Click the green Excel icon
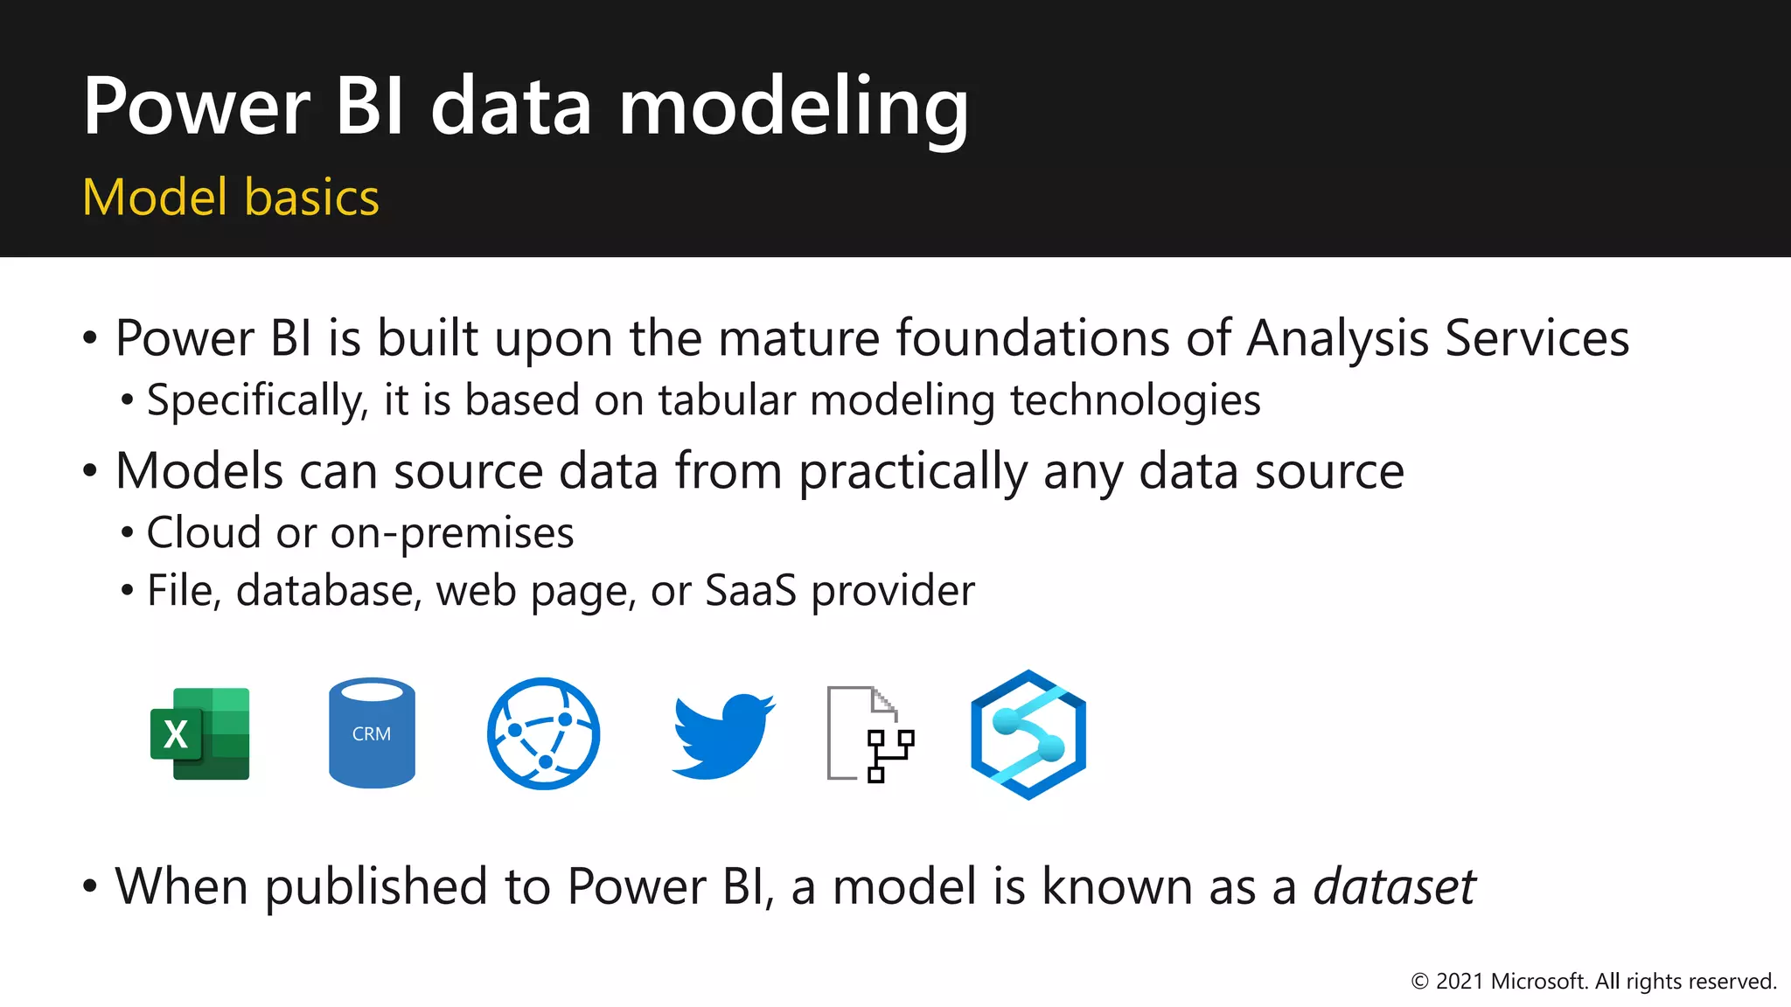200,734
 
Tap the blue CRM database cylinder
372,733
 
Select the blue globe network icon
543,733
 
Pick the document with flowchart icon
870,734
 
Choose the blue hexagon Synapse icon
1028,734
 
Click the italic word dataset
1394,886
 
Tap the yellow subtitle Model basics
231,198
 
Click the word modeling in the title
793,108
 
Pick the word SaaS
750,590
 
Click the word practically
913,472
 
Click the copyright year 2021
1460,982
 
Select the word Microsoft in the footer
1538,982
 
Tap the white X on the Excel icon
176,734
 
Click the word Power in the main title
197,108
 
